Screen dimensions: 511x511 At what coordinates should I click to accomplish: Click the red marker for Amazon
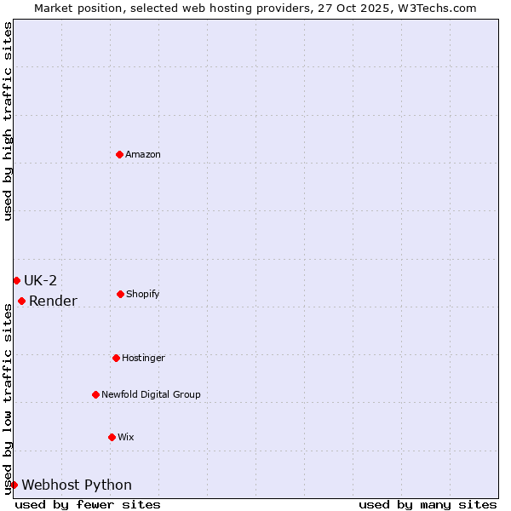[119, 154]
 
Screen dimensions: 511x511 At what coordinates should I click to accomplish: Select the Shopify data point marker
[120, 294]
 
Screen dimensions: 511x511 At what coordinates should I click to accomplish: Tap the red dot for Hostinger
[116, 358]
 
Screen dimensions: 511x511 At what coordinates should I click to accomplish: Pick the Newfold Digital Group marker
[95, 394]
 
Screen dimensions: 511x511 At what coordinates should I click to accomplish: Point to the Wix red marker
[112, 437]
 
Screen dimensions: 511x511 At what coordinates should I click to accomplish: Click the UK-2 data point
[16, 280]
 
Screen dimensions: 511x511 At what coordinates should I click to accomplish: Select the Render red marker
[21, 301]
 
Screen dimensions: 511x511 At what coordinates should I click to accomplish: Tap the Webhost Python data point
[14, 485]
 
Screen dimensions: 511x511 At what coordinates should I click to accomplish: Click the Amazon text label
[143, 154]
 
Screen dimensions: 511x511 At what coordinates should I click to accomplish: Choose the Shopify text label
[143, 294]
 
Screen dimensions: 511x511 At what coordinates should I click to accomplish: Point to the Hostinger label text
[143, 358]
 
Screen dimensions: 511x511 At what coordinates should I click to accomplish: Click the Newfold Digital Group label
[151, 394]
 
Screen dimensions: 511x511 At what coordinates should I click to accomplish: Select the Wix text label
[126, 437]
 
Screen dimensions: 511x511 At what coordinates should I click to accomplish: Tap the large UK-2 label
[40, 280]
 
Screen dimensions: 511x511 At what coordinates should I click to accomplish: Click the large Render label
[53, 301]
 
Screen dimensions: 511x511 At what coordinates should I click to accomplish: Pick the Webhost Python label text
[77, 485]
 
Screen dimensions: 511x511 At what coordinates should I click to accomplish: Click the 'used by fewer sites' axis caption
[88, 504]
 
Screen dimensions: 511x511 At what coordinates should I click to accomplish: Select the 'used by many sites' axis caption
[428, 504]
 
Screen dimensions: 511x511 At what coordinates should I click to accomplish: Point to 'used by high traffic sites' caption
[8, 121]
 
